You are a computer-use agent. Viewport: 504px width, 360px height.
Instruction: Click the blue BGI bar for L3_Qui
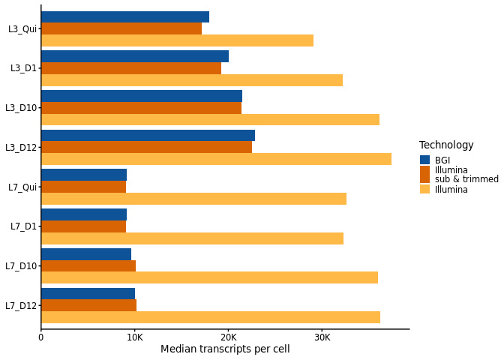coord(125,16)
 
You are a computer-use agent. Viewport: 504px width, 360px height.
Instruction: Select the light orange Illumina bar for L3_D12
coord(216,159)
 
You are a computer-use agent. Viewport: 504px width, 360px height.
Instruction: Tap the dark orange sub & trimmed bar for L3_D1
coord(131,68)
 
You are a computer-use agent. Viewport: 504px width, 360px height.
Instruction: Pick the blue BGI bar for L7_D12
coord(88,293)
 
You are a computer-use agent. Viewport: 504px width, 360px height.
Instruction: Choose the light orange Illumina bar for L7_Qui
coord(193,199)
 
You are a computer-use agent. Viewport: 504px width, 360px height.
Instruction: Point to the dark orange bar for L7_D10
coord(88,265)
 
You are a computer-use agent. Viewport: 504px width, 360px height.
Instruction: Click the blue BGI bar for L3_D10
coord(142,96)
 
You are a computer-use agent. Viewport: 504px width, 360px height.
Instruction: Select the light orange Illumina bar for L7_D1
coord(192,238)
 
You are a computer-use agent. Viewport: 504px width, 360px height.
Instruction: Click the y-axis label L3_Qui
coord(22,29)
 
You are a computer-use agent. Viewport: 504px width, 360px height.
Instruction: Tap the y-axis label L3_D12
coord(21,148)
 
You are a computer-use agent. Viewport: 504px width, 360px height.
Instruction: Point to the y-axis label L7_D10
coord(21,266)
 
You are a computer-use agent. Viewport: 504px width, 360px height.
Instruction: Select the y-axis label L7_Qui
coord(22,187)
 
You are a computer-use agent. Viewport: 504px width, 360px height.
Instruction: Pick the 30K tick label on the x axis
coord(322,337)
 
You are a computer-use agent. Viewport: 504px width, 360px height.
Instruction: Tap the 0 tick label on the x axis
coord(41,337)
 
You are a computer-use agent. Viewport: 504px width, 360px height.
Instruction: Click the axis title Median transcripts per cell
coord(225,349)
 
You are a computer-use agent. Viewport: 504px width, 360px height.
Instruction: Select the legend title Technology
coord(446,145)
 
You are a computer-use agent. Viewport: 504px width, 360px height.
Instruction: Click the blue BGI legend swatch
coord(424,160)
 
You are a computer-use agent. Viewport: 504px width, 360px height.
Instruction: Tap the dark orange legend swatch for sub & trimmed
coord(424,175)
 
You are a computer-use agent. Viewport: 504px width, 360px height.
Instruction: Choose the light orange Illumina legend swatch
coord(424,189)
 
